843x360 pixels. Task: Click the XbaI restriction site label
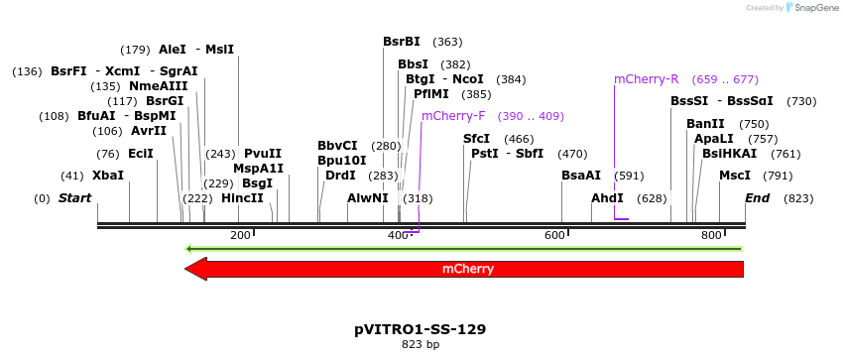[x=108, y=176]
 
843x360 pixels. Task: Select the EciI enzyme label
[x=141, y=154]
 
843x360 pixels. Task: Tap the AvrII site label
[x=149, y=131]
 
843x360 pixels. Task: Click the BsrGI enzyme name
[x=165, y=101]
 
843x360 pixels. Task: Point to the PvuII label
[x=263, y=154]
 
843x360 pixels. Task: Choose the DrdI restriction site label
[x=340, y=176]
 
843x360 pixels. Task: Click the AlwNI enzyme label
[x=368, y=198]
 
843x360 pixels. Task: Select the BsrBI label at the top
[x=402, y=42]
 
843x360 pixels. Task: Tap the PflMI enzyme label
[x=431, y=94]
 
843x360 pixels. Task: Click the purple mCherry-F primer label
[x=453, y=116]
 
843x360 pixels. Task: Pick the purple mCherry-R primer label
[x=647, y=79]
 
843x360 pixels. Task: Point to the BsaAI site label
[x=581, y=176]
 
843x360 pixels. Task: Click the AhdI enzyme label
[x=607, y=198]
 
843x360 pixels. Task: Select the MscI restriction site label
[x=735, y=176]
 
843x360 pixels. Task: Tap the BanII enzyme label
[x=705, y=124]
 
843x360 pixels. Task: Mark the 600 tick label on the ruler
[x=554, y=235]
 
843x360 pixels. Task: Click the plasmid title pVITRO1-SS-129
[x=420, y=328]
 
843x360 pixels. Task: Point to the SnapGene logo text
[x=811, y=8]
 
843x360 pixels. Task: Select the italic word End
[x=758, y=198]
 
